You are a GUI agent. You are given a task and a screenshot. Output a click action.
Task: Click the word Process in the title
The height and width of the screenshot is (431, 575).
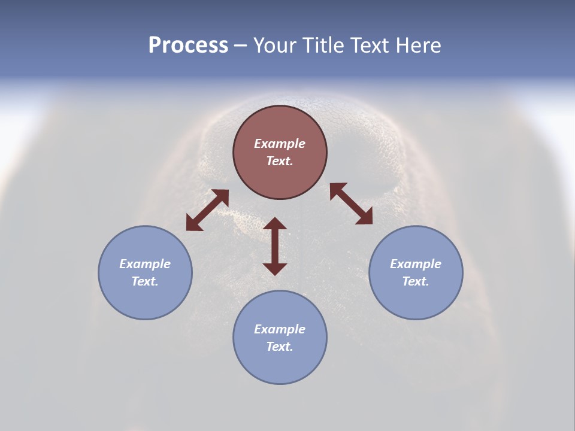[x=188, y=45]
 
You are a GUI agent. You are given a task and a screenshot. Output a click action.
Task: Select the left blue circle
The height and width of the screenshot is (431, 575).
[x=145, y=299]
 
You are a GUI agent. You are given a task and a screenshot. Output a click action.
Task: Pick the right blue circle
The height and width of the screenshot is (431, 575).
[x=416, y=299]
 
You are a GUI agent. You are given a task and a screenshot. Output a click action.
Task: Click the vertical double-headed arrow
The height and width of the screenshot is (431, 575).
[x=275, y=246]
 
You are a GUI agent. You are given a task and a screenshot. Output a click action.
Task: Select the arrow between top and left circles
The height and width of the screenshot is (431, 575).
[x=207, y=210]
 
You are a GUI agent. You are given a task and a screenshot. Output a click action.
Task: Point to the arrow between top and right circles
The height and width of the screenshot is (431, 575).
[x=351, y=204]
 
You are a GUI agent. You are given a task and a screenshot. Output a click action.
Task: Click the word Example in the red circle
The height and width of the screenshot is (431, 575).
[x=280, y=144]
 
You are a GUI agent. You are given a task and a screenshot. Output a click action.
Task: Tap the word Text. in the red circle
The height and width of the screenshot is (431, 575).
[x=280, y=161]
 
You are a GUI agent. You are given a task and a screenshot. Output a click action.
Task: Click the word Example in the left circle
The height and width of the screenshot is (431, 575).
[x=145, y=264]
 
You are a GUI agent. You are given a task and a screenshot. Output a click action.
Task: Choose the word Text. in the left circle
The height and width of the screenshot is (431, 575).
[x=145, y=281]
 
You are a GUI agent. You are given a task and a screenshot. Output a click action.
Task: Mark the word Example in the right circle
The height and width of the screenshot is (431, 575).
[x=416, y=264]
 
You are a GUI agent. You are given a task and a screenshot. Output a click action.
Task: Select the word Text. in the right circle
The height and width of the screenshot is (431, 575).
[x=416, y=281]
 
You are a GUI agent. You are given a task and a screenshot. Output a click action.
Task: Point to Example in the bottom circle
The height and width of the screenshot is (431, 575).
[x=280, y=329]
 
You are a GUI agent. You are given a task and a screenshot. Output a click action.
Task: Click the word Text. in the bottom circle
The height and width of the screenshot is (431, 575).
[x=280, y=347]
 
